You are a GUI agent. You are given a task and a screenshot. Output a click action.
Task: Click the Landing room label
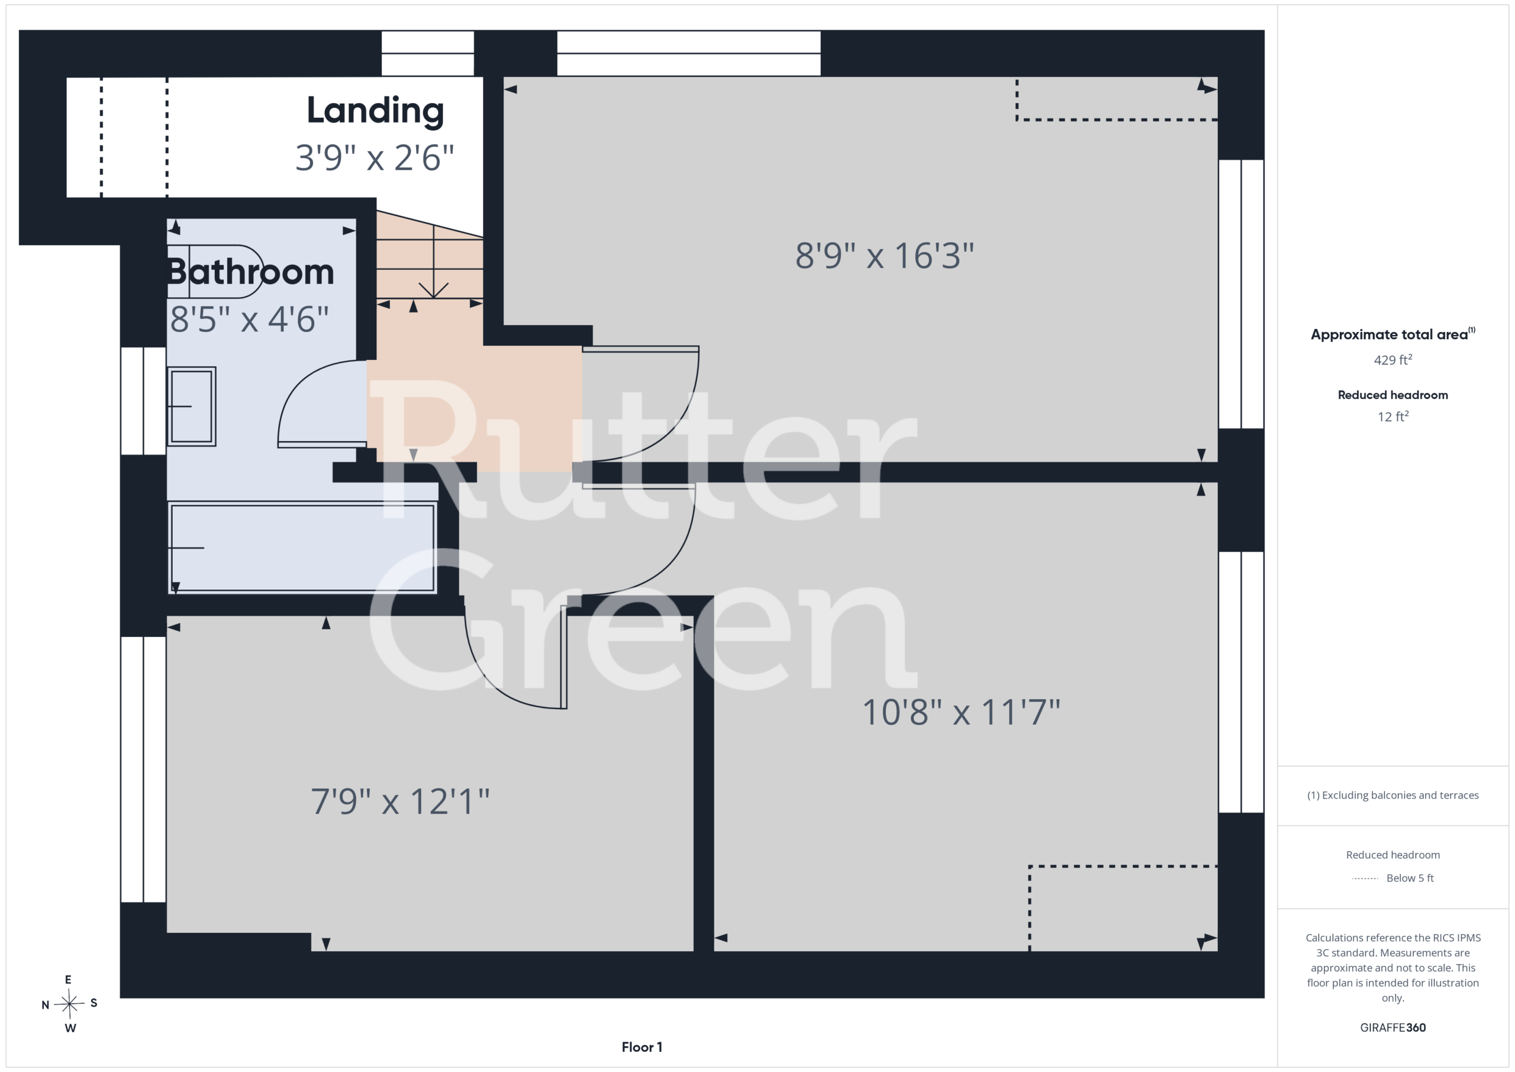375,110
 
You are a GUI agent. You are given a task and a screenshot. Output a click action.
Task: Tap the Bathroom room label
251,271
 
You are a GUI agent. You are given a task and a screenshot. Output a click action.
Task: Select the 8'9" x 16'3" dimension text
884,256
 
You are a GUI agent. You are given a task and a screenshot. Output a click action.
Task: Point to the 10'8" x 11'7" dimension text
960,712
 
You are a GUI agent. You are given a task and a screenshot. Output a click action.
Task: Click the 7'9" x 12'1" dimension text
400,801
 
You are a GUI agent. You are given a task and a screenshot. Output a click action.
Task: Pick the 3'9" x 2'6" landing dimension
375,158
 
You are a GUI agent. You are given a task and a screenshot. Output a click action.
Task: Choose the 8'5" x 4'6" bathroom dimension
249,319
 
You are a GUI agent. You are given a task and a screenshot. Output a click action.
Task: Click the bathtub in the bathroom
302,548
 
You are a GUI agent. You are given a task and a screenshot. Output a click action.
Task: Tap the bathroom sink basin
191,406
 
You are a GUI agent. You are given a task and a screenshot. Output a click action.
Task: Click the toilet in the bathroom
215,271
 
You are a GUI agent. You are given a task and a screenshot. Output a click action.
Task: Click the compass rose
70,1004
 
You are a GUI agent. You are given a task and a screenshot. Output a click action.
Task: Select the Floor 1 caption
642,1047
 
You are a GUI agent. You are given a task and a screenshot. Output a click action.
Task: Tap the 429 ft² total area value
1393,360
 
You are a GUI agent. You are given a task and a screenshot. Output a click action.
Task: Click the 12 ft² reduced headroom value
1393,417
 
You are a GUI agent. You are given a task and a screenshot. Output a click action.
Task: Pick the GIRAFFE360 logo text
1393,1028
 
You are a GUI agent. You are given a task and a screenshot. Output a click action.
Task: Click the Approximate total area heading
1392,334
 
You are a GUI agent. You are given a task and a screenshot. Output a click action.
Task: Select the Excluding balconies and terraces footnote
1393,796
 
